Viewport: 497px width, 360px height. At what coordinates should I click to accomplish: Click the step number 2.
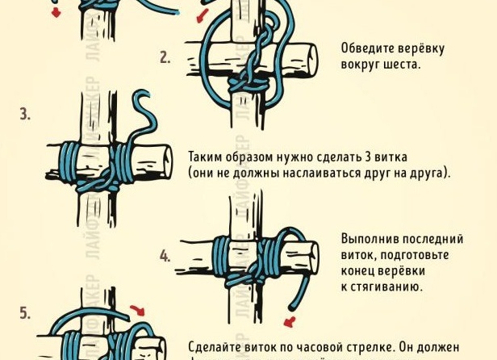tap(165, 57)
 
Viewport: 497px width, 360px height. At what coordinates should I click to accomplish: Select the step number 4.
tap(165, 257)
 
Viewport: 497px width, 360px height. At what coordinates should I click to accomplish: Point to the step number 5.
tap(24, 312)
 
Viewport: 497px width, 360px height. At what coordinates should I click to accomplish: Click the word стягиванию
tap(386, 287)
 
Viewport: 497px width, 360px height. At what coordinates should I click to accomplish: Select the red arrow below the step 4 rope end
tap(290, 321)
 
